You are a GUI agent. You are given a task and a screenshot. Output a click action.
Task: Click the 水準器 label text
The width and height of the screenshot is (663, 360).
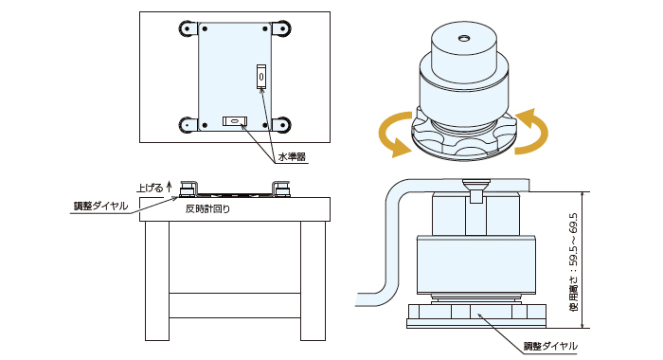[292, 157]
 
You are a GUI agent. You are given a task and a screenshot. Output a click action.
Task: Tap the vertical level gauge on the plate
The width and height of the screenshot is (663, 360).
[261, 77]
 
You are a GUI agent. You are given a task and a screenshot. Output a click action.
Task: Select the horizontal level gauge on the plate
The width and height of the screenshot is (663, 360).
[235, 121]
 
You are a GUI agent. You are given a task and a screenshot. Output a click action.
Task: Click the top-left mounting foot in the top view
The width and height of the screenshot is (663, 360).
[188, 28]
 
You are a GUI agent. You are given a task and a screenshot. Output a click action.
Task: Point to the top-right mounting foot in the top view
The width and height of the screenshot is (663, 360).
[280, 28]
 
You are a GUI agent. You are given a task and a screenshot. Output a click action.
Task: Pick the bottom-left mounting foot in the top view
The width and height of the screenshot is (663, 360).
[188, 125]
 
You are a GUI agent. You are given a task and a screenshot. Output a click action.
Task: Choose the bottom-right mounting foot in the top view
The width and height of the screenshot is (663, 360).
[280, 125]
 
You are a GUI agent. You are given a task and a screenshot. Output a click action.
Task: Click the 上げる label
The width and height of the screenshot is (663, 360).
[150, 188]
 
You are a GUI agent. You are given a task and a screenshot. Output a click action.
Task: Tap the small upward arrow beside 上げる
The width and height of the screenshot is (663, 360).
[170, 187]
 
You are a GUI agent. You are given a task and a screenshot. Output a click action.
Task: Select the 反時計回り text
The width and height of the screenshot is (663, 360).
[208, 208]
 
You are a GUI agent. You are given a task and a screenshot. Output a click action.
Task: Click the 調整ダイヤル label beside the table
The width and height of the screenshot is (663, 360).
[100, 206]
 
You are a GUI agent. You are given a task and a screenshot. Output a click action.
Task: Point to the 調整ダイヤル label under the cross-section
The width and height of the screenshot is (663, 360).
[550, 346]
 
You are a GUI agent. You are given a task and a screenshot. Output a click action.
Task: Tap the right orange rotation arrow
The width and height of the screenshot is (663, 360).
[531, 131]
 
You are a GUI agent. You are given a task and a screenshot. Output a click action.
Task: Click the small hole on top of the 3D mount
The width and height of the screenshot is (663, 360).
[464, 39]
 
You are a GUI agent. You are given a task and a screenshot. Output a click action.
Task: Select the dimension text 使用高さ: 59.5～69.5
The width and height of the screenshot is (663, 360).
[574, 262]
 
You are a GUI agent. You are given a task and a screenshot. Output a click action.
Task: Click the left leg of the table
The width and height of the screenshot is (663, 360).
[157, 280]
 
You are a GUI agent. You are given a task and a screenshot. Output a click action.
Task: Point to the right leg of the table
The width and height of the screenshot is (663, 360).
[314, 280]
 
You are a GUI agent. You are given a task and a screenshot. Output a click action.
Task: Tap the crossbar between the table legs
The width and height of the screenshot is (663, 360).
[235, 305]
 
